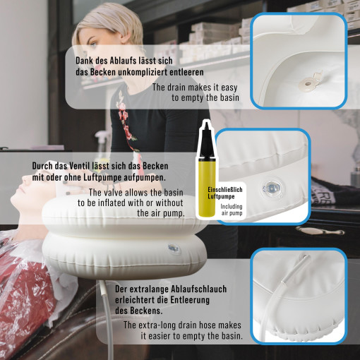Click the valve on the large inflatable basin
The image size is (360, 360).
(x=173, y=249)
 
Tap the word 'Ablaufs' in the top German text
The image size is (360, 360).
(x=119, y=61)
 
